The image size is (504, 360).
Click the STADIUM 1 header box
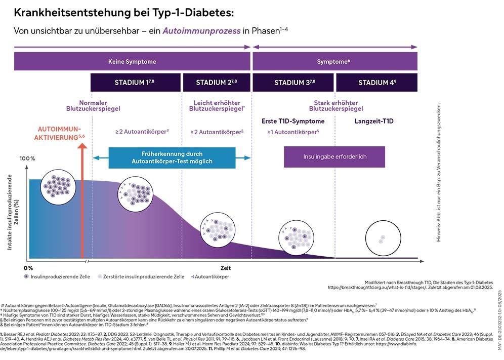point(136,82)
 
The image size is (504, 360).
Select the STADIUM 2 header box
point(216,82)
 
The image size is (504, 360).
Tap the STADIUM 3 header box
point(293,82)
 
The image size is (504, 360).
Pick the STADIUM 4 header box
point(376,82)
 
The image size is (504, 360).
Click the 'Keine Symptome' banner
point(132,61)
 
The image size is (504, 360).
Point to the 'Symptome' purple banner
point(334,61)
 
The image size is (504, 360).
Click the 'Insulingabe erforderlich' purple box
point(334,157)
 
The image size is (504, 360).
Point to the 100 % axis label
point(27,158)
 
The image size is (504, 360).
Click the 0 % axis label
point(28,267)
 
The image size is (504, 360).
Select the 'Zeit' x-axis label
point(225,268)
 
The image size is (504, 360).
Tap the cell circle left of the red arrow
point(55,183)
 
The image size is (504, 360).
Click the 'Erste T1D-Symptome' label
point(293,122)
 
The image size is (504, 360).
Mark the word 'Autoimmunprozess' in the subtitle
point(201,31)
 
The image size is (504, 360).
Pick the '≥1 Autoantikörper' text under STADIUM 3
point(293,132)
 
